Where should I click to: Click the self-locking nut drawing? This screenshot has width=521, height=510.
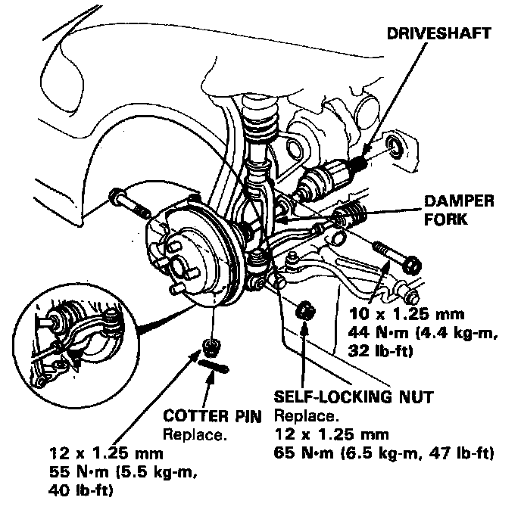[305, 309]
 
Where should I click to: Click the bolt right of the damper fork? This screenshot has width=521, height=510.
[394, 256]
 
